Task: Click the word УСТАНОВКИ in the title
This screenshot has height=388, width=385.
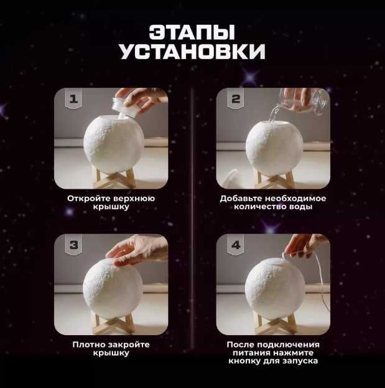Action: click(x=192, y=52)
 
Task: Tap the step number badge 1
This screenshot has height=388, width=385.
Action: click(x=74, y=99)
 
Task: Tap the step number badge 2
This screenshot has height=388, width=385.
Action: click(x=236, y=99)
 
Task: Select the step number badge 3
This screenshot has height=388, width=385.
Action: click(x=74, y=245)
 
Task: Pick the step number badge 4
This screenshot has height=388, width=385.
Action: click(x=236, y=245)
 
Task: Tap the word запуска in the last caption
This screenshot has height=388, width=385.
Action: click(x=302, y=361)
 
